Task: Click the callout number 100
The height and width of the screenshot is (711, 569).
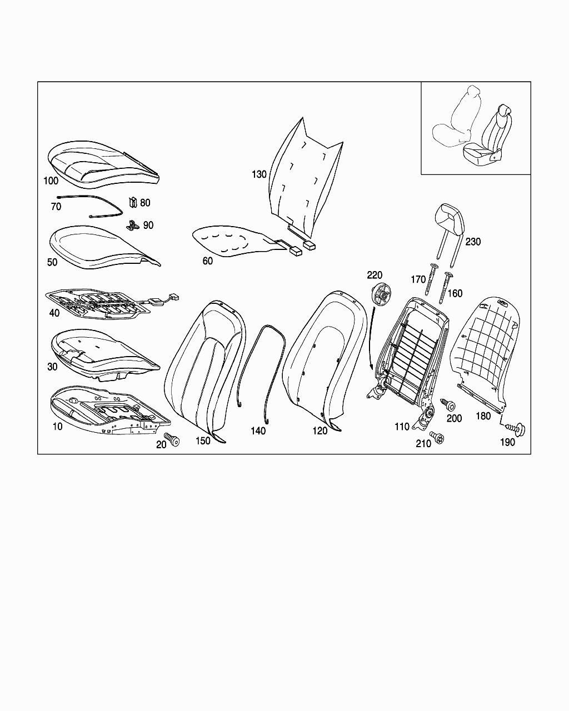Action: click(x=51, y=181)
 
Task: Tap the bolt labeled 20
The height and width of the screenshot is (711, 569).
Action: click(x=172, y=439)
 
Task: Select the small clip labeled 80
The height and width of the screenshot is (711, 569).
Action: click(x=133, y=202)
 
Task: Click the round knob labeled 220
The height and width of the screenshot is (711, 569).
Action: click(x=381, y=293)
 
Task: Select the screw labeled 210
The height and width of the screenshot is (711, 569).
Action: click(x=437, y=438)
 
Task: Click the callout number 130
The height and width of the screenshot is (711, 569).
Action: click(x=259, y=174)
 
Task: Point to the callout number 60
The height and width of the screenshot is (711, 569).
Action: click(x=207, y=261)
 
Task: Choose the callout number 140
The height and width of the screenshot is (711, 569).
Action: click(x=258, y=431)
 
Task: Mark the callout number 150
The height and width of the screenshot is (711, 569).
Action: click(x=203, y=441)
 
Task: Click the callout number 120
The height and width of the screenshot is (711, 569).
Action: click(x=320, y=431)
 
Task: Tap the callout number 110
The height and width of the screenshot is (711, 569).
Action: click(x=402, y=427)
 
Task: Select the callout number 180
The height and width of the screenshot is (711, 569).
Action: click(x=483, y=416)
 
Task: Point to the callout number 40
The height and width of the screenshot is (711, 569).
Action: click(x=54, y=313)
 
